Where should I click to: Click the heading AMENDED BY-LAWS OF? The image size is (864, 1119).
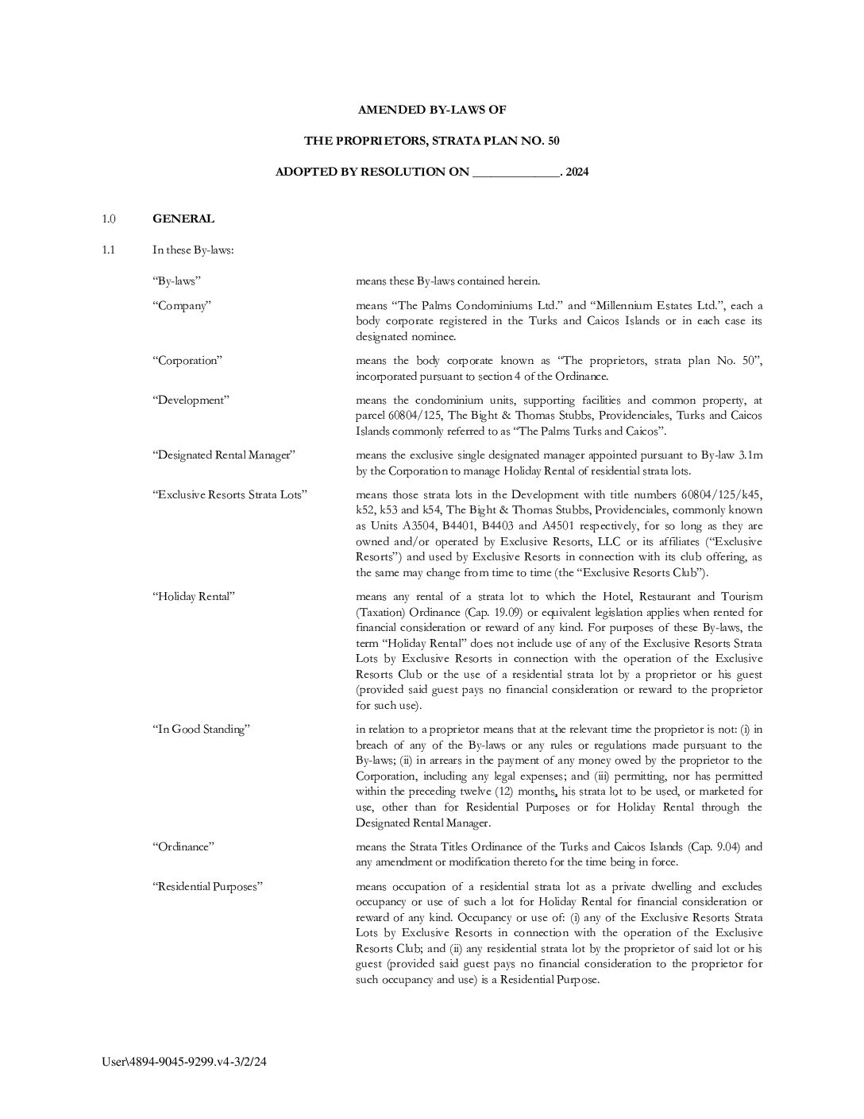(431, 110)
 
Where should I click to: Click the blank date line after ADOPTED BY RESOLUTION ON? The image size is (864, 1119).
(516, 172)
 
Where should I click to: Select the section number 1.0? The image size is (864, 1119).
(109, 219)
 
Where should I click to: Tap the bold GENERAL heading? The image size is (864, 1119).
(183, 219)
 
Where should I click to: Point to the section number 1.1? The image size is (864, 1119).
(109, 250)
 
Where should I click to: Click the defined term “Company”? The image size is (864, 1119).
(181, 305)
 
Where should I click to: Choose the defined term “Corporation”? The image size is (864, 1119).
(187, 360)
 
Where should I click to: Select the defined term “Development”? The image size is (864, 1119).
(191, 400)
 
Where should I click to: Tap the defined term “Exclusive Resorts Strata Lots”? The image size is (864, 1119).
(229, 494)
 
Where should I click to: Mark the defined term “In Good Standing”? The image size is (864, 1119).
(201, 730)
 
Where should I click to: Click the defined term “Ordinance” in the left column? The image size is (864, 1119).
(183, 846)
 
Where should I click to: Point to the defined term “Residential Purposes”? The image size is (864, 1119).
(207, 886)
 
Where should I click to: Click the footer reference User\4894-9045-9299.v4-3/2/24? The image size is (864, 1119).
(184, 1061)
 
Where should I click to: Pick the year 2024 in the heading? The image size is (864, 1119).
(577, 172)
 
